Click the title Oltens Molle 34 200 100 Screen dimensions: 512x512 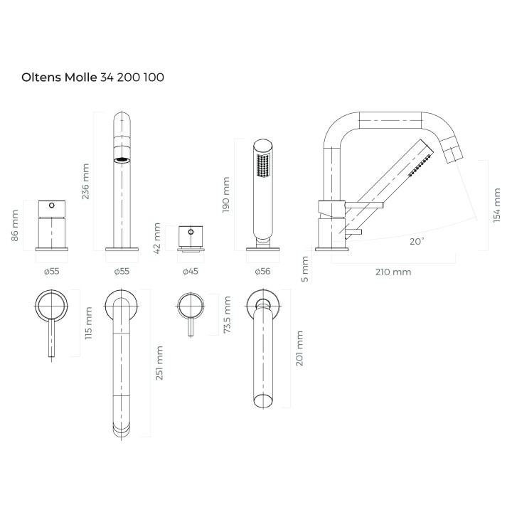point(92,78)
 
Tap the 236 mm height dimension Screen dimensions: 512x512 point(85,181)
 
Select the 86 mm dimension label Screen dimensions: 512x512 point(15,225)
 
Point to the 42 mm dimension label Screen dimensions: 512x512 point(157,238)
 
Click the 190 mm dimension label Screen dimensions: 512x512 point(225,195)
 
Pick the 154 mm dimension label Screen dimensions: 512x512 point(496,206)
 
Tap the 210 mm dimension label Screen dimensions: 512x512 point(393,272)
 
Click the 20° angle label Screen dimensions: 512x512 point(417,242)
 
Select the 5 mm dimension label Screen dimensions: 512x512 point(304,269)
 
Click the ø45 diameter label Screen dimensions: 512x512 point(191,272)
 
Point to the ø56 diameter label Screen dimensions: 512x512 point(262,272)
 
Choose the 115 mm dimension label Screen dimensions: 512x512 point(88,323)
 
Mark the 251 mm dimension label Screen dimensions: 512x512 point(159,363)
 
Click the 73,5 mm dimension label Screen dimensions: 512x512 point(227,315)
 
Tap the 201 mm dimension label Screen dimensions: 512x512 point(299,348)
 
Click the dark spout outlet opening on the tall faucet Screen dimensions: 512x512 point(122,160)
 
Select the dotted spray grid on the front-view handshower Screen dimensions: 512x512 point(262,166)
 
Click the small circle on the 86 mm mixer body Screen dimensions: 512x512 point(52,206)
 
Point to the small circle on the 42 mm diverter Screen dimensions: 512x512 point(191,232)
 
